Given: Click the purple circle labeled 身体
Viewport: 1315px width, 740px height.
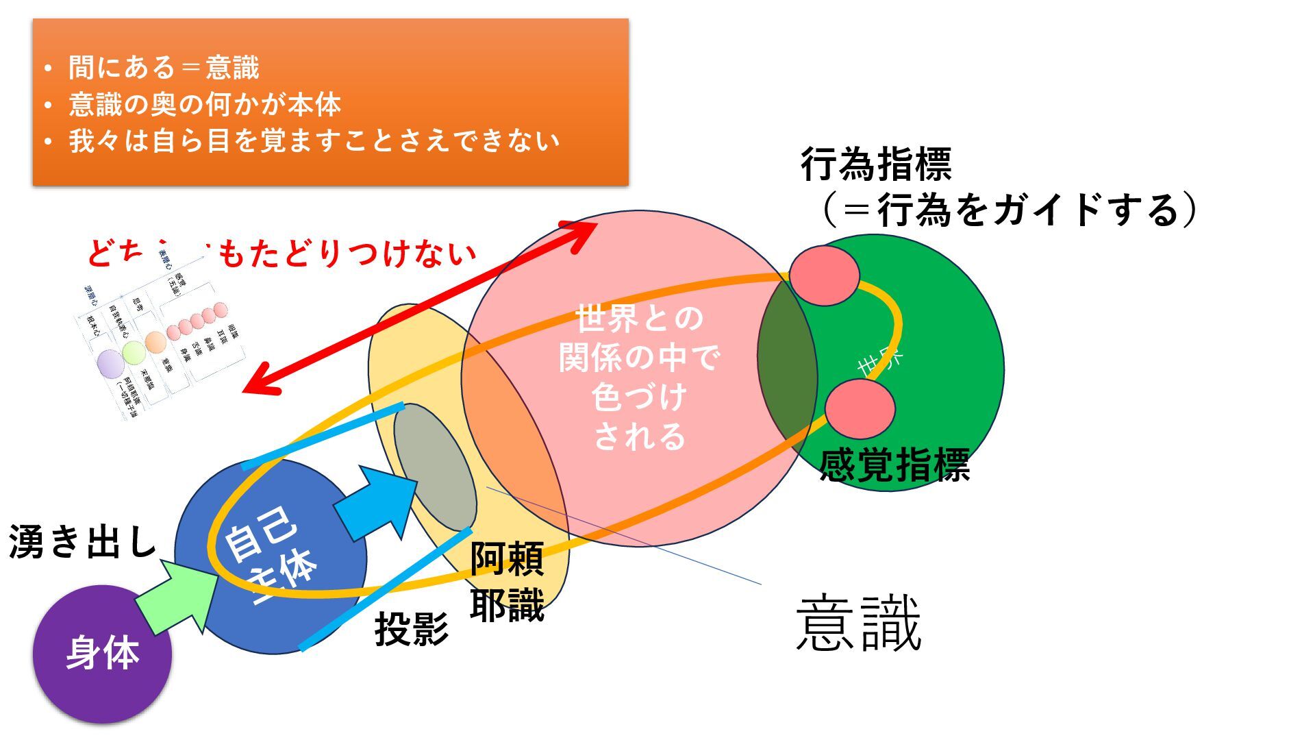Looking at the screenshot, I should [102, 654].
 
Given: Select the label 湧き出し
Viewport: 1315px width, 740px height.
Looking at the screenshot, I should [83, 542].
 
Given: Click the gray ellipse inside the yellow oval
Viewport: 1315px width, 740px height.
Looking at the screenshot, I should [434, 467].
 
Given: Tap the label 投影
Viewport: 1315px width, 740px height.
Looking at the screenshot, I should [411, 628].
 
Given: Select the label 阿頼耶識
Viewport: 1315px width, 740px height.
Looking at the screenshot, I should [507, 582].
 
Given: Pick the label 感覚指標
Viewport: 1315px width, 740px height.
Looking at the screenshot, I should [894, 465].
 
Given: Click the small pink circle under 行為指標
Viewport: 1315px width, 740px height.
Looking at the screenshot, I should [824, 275].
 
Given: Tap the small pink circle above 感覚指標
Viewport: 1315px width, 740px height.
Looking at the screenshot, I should [860, 409].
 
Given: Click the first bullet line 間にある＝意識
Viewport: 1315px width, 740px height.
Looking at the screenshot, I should [164, 67].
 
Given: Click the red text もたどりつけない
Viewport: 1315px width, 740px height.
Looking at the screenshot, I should [346, 254].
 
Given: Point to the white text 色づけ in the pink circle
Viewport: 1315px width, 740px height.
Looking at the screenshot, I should [638, 397].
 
